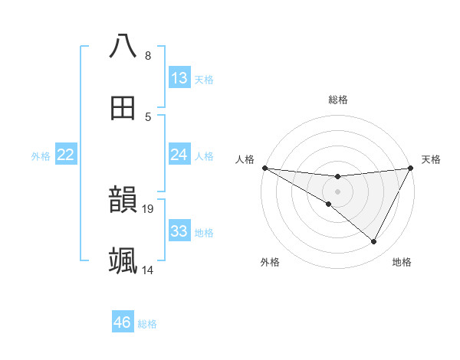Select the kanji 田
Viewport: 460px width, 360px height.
point(123,109)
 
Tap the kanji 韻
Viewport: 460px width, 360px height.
point(123,199)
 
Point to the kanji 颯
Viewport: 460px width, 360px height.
point(123,260)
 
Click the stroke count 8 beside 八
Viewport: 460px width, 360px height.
point(147,56)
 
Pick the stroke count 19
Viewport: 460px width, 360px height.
point(149,208)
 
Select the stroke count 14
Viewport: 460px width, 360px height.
point(149,270)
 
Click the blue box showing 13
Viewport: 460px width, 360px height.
point(179,77)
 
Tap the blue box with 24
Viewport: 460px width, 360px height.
point(179,155)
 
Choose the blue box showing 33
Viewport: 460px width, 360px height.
point(179,231)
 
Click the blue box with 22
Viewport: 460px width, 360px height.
point(66,155)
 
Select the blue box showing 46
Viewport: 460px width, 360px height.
point(123,322)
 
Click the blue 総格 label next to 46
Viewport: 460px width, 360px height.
point(147,324)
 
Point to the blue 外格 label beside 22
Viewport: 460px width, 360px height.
point(41,156)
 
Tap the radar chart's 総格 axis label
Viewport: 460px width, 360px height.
point(337,100)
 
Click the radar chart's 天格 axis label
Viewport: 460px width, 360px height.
point(431,159)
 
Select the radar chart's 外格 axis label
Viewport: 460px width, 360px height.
point(270,262)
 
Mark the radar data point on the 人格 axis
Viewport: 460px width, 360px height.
point(264,168)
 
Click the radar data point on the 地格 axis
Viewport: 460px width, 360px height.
point(374,242)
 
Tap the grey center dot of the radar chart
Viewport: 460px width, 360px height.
point(337,191)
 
